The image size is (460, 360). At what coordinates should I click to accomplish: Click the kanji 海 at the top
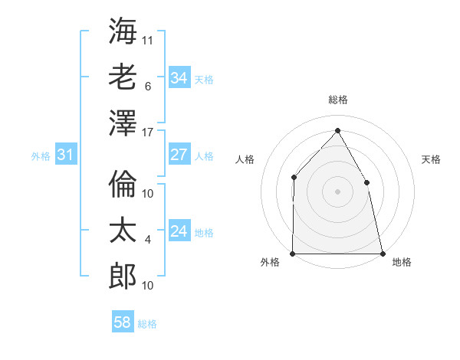[x=123, y=31]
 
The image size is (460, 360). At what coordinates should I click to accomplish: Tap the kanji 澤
[x=123, y=123]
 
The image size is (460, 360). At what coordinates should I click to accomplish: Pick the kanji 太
[x=123, y=231]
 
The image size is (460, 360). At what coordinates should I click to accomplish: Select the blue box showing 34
[x=179, y=78]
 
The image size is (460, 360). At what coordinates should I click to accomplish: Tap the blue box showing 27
[x=179, y=155]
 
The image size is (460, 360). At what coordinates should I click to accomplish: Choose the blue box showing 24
[x=179, y=231]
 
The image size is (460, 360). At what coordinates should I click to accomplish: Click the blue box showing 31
[x=66, y=155]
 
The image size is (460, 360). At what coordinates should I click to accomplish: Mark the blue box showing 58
[x=123, y=322]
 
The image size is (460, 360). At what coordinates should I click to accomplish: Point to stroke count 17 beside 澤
[x=148, y=133]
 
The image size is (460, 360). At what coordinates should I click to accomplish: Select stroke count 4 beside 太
[x=148, y=240]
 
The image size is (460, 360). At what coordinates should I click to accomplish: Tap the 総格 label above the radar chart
[x=338, y=100]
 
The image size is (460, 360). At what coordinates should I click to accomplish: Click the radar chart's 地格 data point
[x=382, y=253]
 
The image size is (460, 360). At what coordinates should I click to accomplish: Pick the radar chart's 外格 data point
[x=293, y=253]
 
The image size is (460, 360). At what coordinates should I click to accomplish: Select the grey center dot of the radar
[x=337, y=191]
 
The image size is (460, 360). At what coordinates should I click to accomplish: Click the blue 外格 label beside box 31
[x=41, y=156]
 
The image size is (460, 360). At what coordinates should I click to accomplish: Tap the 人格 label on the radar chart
[x=245, y=159]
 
